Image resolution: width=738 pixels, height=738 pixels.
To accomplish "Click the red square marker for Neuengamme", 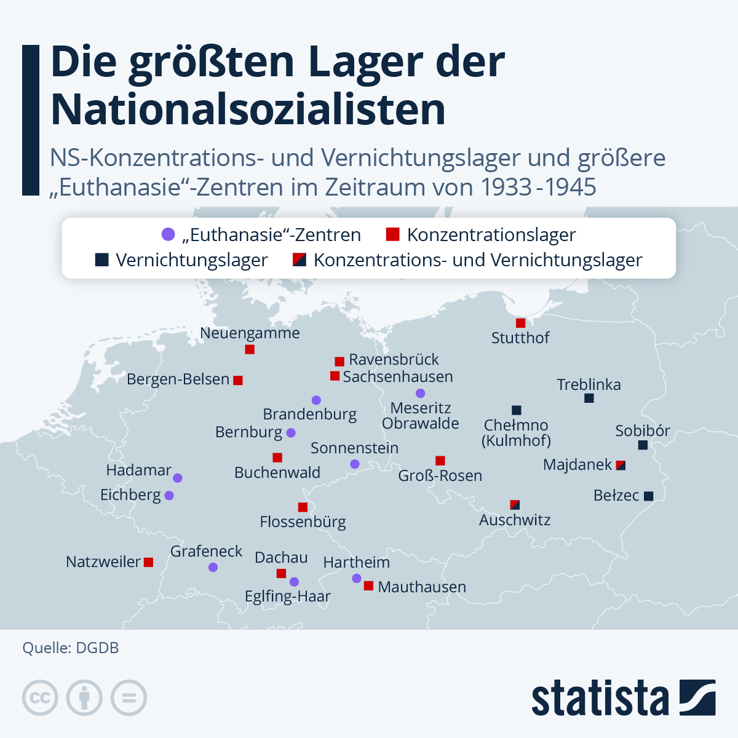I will pyautogui.click(x=250, y=349).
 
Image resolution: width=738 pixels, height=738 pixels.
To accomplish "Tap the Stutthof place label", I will pyautogui.click(x=520, y=338).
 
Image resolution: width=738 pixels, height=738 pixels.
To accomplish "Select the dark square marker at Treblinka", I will pyautogui.click(x=589, y=398).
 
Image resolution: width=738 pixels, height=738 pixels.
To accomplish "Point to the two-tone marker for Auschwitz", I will pyautogui.click(x=515, y=505).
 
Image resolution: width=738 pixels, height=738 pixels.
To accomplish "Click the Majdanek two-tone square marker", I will pyautogui.click(x=621, y=465).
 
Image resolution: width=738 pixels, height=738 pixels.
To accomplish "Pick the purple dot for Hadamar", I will pyautogui.click(x=178, y=478).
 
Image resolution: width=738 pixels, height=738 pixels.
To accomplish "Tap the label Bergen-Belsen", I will pyautogui.click(x=178, y=379).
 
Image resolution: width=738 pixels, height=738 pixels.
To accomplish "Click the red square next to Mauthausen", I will pyautogui.click(x=368, y=585).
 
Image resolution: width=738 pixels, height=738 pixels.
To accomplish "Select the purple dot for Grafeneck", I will pyautogui.click(x=213, y=567).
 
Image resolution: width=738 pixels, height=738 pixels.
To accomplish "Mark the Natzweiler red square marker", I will pyautogui.click(x=148, y=562).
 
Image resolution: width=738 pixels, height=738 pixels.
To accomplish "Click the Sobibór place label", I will pyautogui.click(x=643, y=430).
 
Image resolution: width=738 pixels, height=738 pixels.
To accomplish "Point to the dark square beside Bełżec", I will pyautogui.click(x=648, y=496).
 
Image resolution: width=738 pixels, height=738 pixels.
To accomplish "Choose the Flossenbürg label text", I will pyautogui.click(x=303, y=522).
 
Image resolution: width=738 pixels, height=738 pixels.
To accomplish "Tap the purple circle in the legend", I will pyautogui.click(x=168, y=234).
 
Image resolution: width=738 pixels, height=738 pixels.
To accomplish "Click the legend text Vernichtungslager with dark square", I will pyautogui.click(x=191, y=260).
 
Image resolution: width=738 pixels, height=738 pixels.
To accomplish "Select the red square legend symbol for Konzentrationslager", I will pyautogui.click(x=392, y=234).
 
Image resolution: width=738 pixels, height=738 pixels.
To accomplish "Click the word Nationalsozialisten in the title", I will pyautogui.click(x=248, y=109).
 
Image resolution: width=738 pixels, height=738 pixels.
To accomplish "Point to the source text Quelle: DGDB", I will pyautogui.click(x=71, y=648).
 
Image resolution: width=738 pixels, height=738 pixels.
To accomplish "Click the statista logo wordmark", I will pyautogui.click(x=600, y=699).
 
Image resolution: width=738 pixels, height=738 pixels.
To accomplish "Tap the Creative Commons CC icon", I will pyautogui.click(x=40, y=698).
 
